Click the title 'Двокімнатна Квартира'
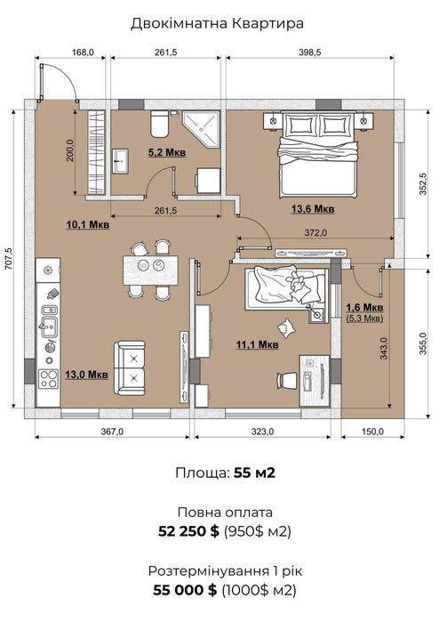click(x=217, y=23)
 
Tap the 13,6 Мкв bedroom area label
click(x=313, y=208)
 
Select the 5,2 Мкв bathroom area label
click(x=167, y=152)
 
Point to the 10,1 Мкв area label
click(x=88, y=225)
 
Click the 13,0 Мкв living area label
click(x=86, y=375)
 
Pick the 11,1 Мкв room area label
click(x=257, y=345)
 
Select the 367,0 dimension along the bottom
click(x=112, y=432)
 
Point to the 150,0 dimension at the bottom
click(x=372, y=432)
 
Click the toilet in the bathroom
click(x=160, y=124)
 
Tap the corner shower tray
click(x=201, y=129)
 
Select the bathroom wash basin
click(x=120, y=161)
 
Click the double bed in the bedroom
click(x=318, y=155)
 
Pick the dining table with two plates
click(x=150, y=271)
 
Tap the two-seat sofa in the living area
click(x=130, y=368)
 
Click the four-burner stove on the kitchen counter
click(x=48, y=378)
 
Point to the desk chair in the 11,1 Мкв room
click(x=287, y=381)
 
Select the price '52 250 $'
click(x=188, y=531)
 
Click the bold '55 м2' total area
click(x=254, y=473)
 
